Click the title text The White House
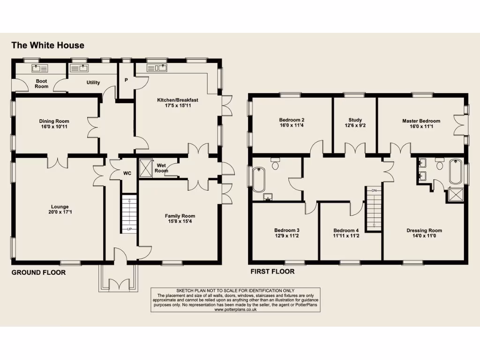48,45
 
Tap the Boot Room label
42,83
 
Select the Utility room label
93,82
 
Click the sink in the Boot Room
37,68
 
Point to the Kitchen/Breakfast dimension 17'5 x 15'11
177,106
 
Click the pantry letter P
126,80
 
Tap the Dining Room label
54,121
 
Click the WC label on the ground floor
127,173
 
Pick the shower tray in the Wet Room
146,167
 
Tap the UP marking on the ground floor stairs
129,229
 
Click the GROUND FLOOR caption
38,272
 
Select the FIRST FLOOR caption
272,271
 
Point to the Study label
355,120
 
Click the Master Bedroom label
421,121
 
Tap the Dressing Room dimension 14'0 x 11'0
424,236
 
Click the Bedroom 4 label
346,230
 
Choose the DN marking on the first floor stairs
374,191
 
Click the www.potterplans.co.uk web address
235,309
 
